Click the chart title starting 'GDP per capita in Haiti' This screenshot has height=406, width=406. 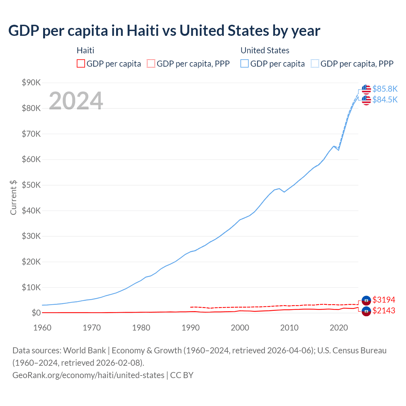coord(164,31)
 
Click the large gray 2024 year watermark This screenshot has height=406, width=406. coord(76,101)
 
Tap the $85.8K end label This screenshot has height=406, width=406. coord(385,89)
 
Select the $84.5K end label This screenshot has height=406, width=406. coord(385,100)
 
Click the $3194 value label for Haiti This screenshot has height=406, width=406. coord(384,300)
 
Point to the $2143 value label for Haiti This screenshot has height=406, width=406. coord(384,311)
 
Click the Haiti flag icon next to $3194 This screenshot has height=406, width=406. coord(366,300)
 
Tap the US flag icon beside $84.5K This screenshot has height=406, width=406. coord(366,100)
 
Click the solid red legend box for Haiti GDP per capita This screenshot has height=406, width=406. coord(81,64)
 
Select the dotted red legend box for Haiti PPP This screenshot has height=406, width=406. coord(151,64)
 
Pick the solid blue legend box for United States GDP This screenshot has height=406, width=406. coord(245,64)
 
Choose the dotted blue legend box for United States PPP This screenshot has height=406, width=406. coord(315,64)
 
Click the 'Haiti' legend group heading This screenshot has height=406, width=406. coord(85,50)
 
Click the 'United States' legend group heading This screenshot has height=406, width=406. coord(265,50)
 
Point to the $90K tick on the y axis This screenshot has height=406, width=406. coord(31,83)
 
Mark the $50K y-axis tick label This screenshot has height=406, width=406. coord(31,185)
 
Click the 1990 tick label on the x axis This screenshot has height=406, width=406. coord(191,328)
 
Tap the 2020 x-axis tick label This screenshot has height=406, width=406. coord(339,328)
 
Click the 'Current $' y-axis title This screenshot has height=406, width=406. coord(13,198)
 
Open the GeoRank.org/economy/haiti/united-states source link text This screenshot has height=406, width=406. coord(88,375)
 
